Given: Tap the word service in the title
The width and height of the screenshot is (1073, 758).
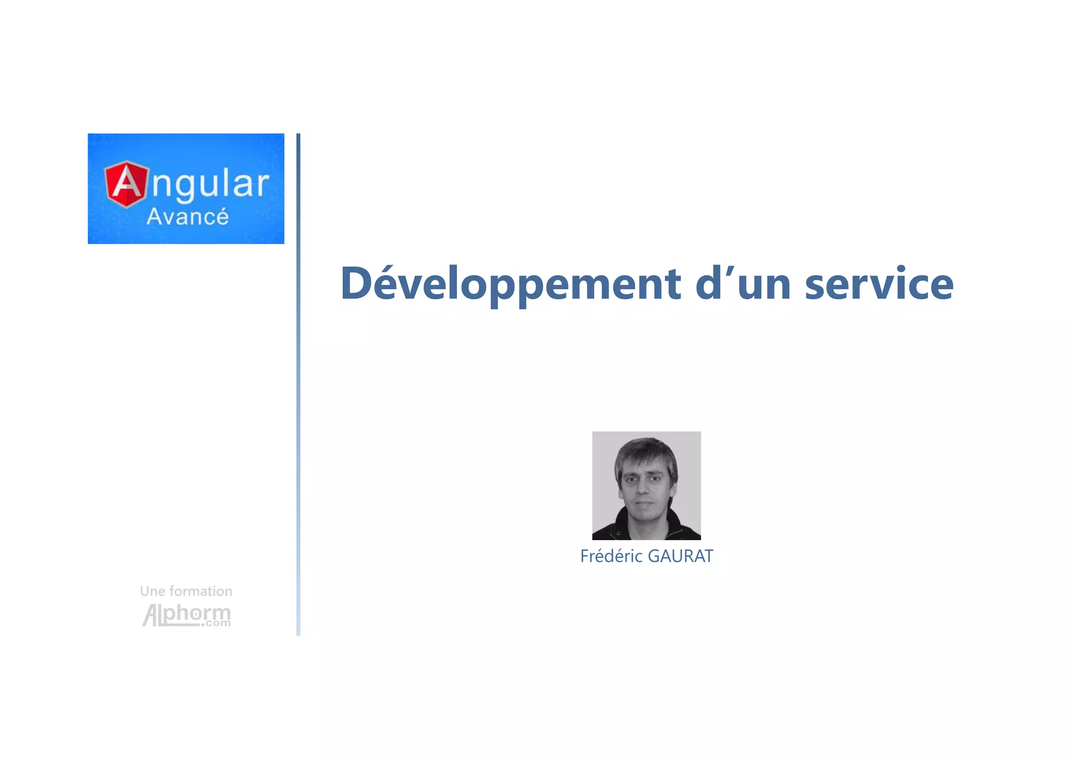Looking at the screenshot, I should pyautogui.click(x=879, y=284).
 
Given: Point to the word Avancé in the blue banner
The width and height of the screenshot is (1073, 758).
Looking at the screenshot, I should pyautogui.click(x=187, y=217).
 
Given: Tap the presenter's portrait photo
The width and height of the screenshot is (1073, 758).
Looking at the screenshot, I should pyautogui.click(x=646, y=485).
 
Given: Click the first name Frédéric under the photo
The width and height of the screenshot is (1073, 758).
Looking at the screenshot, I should pyautogui.click(x=611, y=556).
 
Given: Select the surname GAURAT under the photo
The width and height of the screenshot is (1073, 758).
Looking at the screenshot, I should pyautogui.click(x=680, y=556).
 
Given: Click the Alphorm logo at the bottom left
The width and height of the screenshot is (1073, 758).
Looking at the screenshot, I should pyautogui.click(x=187, y=615).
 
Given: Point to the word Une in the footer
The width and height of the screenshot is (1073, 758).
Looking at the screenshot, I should pyautogui.click(x=152, y=591).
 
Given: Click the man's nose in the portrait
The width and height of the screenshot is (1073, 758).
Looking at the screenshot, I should pyautogui.click(x=643, y=487).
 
